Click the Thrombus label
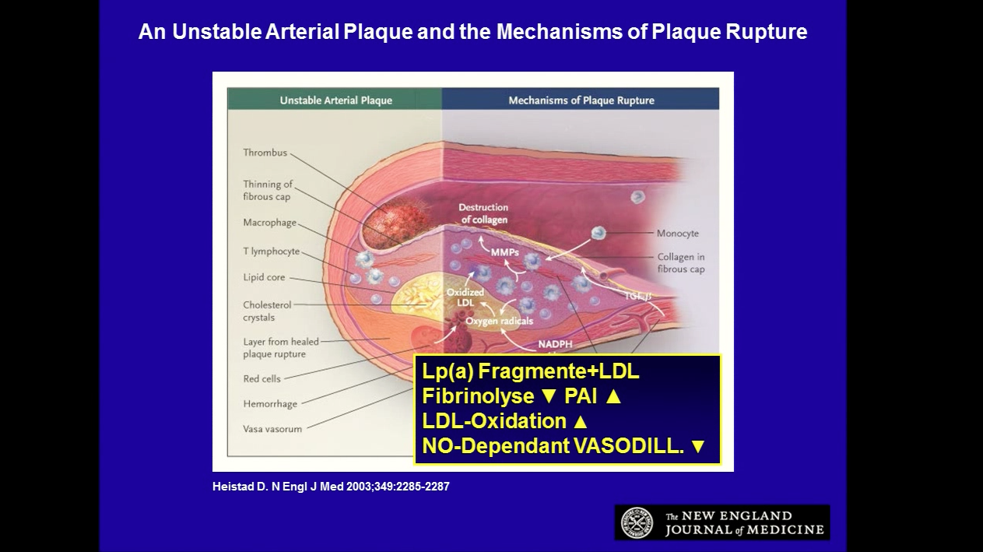(265, 153)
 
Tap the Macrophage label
(270, 223)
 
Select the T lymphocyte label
(271, 251)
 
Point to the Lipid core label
(264, 277)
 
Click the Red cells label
(262, 378)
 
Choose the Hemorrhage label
(270, 403)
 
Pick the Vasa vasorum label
(272, 429)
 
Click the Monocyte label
(678, 234)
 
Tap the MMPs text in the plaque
(504, 252)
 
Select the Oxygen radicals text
(500, 321)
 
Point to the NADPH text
(555, 344)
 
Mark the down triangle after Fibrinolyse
(549, 396)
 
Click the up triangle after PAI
(613, 396)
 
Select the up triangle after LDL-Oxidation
(580, 421)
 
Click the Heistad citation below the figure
(331, 487)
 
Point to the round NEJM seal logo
(637, 522)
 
